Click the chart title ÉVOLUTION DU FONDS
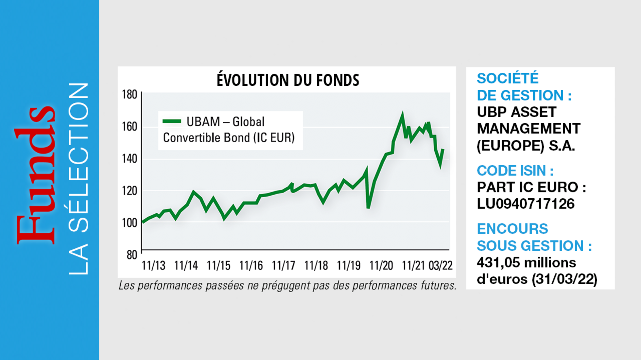pos(288,80)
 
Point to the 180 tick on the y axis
pos(130,95)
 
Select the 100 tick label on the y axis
pos(130,223)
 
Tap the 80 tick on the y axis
pos(132,255)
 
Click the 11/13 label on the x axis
pos(153,265)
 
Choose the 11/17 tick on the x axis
pos(284,265)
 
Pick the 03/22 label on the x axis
pos(441,265)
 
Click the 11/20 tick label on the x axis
pos(381,265)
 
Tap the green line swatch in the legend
pos(172,121)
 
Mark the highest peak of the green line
pos(402,114)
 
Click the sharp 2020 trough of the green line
pos(368,207)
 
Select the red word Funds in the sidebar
pos(35,175)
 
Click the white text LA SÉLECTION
pos(78,178)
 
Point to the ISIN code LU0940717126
pos(526,204)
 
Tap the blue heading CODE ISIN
pos(515,171)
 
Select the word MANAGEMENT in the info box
pos(528,129)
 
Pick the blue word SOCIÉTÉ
pos(508,79)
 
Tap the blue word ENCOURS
pos(512,229)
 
